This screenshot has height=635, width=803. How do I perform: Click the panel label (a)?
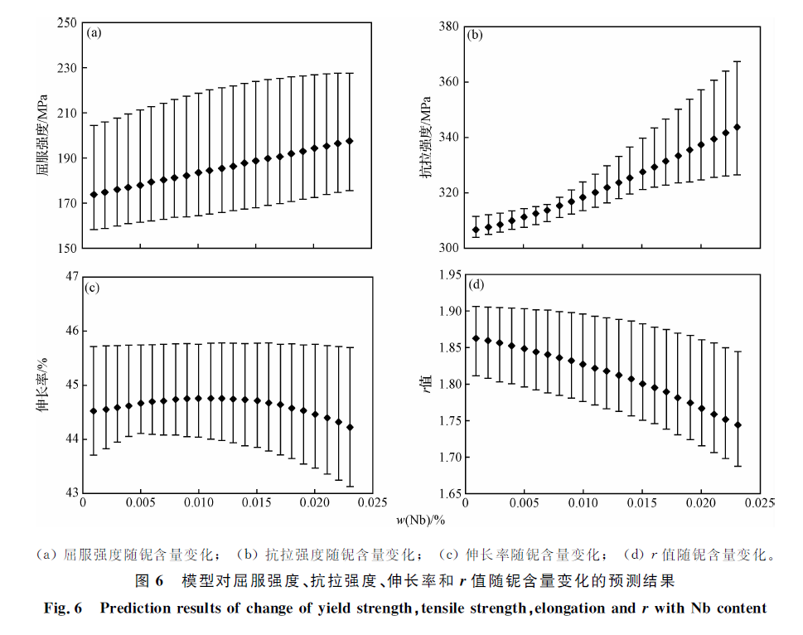[94, 33]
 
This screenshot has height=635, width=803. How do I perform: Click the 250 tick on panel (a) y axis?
[67, 23]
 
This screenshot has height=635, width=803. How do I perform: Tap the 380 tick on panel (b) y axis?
[449, 27]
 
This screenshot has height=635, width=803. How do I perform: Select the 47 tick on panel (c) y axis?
[70, 277]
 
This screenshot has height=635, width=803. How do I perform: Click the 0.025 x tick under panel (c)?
[374, 502]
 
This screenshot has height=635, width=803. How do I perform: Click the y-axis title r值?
[426, 384]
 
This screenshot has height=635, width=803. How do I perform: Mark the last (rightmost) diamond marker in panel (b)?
[737, 127]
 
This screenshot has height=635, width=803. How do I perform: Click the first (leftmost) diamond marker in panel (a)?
[94, 195]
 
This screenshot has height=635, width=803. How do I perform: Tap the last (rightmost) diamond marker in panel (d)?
[738, 424]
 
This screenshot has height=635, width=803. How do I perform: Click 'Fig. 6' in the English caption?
[63, 608]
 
